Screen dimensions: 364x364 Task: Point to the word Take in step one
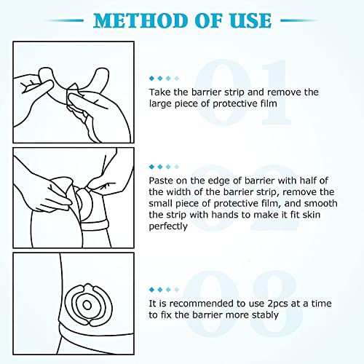(x=160, y=92)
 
